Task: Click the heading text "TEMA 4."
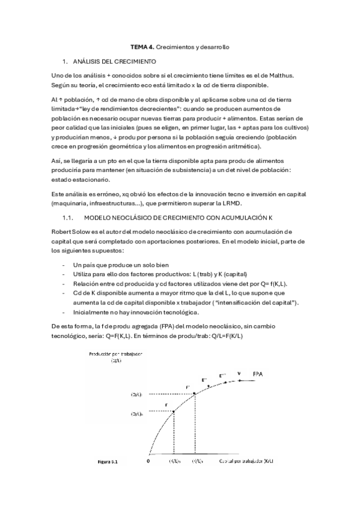(142, 46)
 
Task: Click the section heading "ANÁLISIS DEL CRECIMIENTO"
(114, 62)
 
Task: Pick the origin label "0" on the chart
(147, 462)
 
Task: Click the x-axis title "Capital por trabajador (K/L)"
(243, 462)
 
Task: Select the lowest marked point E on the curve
(174, 411)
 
